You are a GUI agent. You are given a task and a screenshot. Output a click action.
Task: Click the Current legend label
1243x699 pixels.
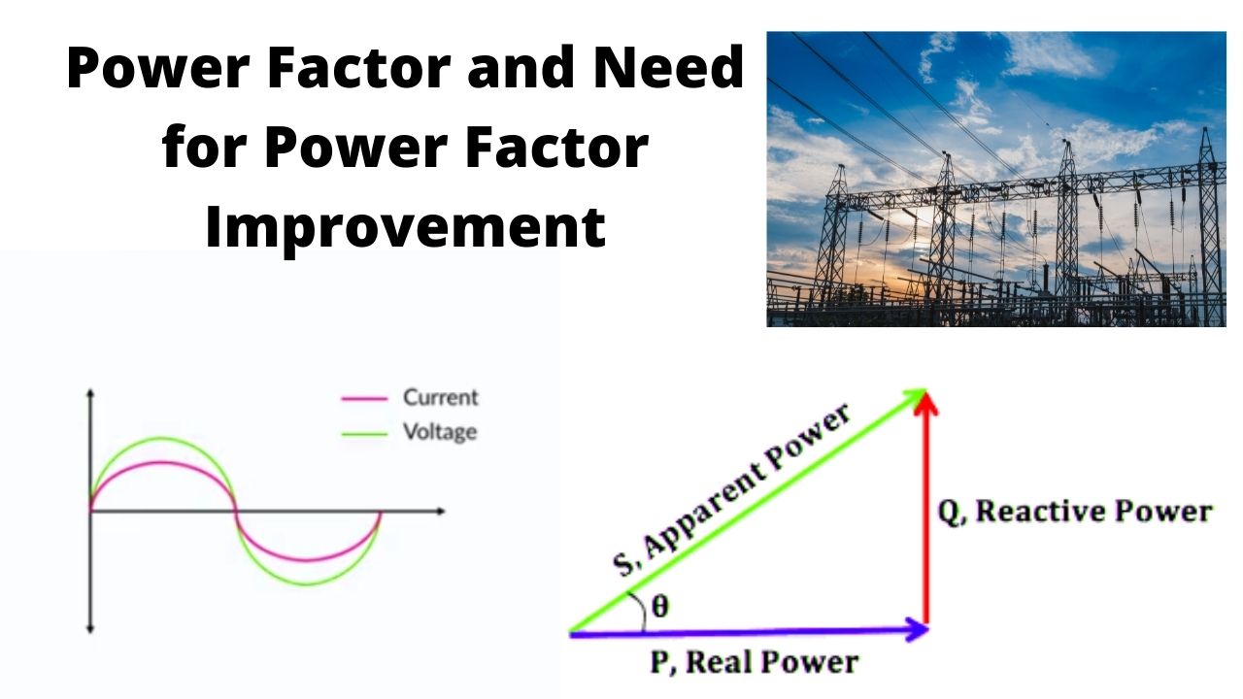coord(441,397)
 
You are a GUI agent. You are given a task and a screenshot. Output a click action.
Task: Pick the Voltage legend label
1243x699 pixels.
coord(440,431)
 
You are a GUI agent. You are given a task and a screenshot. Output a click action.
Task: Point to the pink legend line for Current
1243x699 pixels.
coord(365,398)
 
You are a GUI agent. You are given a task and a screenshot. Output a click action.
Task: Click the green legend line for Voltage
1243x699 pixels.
coord(365,432)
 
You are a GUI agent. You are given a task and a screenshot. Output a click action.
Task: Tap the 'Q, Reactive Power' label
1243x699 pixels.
coord(1074,512)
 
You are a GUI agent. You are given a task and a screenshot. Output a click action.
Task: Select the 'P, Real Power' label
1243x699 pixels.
coord(755,662)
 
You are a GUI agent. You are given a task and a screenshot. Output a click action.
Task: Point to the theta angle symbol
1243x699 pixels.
coord(660,607)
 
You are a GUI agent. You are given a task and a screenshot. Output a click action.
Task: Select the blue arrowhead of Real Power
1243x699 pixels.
coord(919,630)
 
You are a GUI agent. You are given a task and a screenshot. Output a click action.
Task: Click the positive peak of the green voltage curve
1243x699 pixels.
coord(162,439)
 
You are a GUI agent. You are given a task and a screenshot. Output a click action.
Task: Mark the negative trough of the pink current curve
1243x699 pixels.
coord(308,561)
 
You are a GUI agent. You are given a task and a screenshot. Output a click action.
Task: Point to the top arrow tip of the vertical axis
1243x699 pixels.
coord(90,393)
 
